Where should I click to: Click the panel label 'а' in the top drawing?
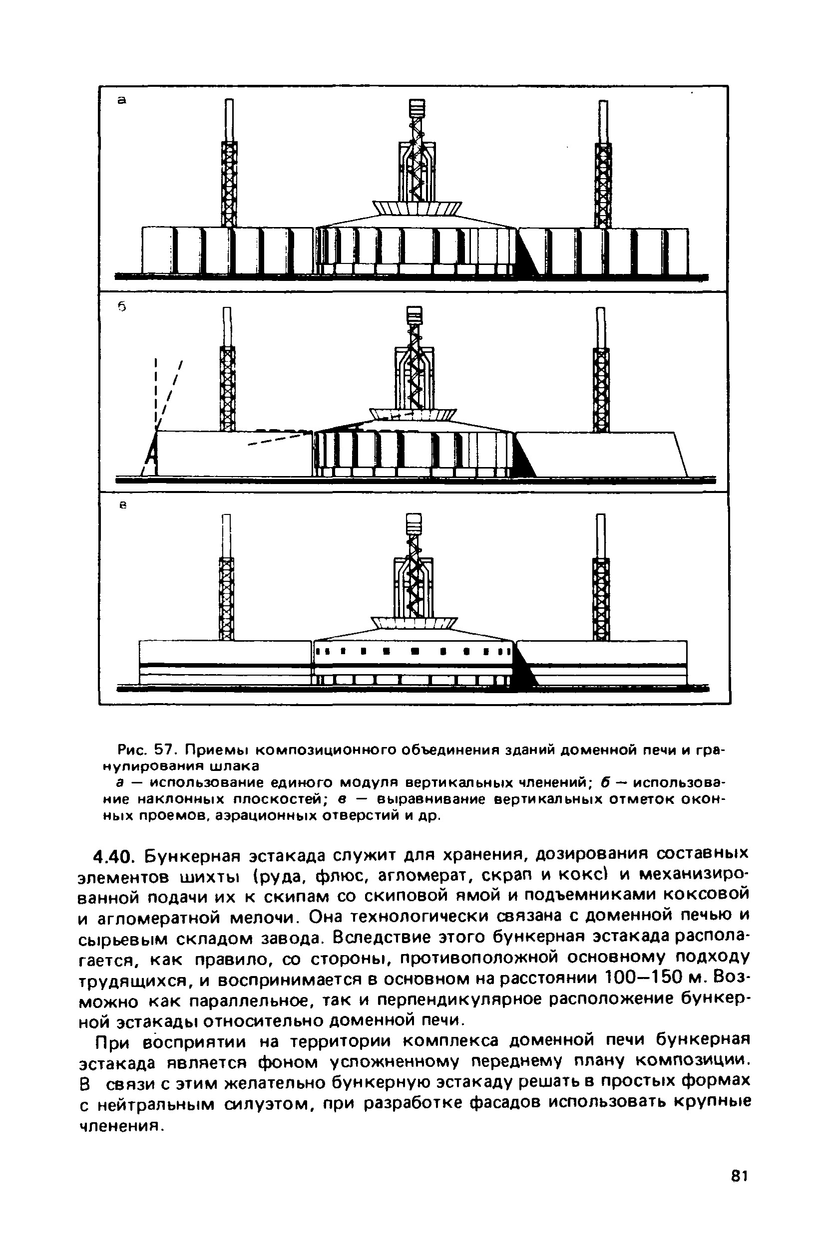122,100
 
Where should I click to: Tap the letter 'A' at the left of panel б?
152,451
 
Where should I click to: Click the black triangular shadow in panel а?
527,255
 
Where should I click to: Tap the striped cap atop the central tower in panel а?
416,109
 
